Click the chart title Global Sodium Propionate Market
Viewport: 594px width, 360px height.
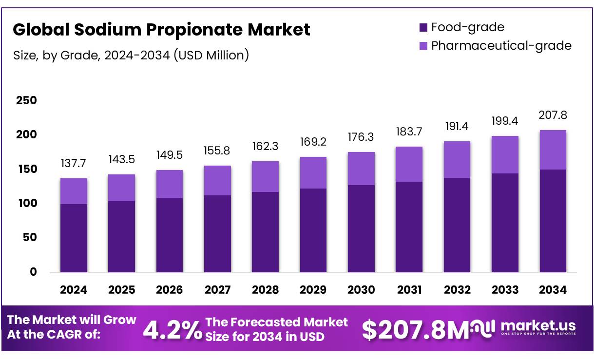pyautogui.click(x=161, y=30)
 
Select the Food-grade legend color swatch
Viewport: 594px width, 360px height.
pyautogui.click(x=423, y=27)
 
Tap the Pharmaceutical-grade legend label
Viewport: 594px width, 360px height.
pyautogui.click(x=501, y=46)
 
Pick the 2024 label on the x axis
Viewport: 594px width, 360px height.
pyautogui.click(x=74, y=290)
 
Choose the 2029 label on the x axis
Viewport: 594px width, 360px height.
pyautogui.click(x=313, y=290)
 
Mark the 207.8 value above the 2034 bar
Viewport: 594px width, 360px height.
pyautogui.click(x=553, y=115)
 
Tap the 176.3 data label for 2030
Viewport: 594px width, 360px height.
pyautogui.click(x=361, y=137)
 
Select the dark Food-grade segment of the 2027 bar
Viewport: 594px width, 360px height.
pyautogui.click(x=217, y=234)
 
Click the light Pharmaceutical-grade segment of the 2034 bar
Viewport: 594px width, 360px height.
pyautogui.click(x=553, y=150)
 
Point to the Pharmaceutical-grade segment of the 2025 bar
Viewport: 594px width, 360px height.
pyautogui.click(x=121, y=188)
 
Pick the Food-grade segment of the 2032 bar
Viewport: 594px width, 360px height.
pyautogui.click(x=457, y=225)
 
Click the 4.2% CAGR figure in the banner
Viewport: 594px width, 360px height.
pyautogui.click(x=172, y=331)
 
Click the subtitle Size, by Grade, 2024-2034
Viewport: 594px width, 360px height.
pyautogui.click(x=131, y=55)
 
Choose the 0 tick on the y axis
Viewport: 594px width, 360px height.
pyautogui.click(x=33, y=272)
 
